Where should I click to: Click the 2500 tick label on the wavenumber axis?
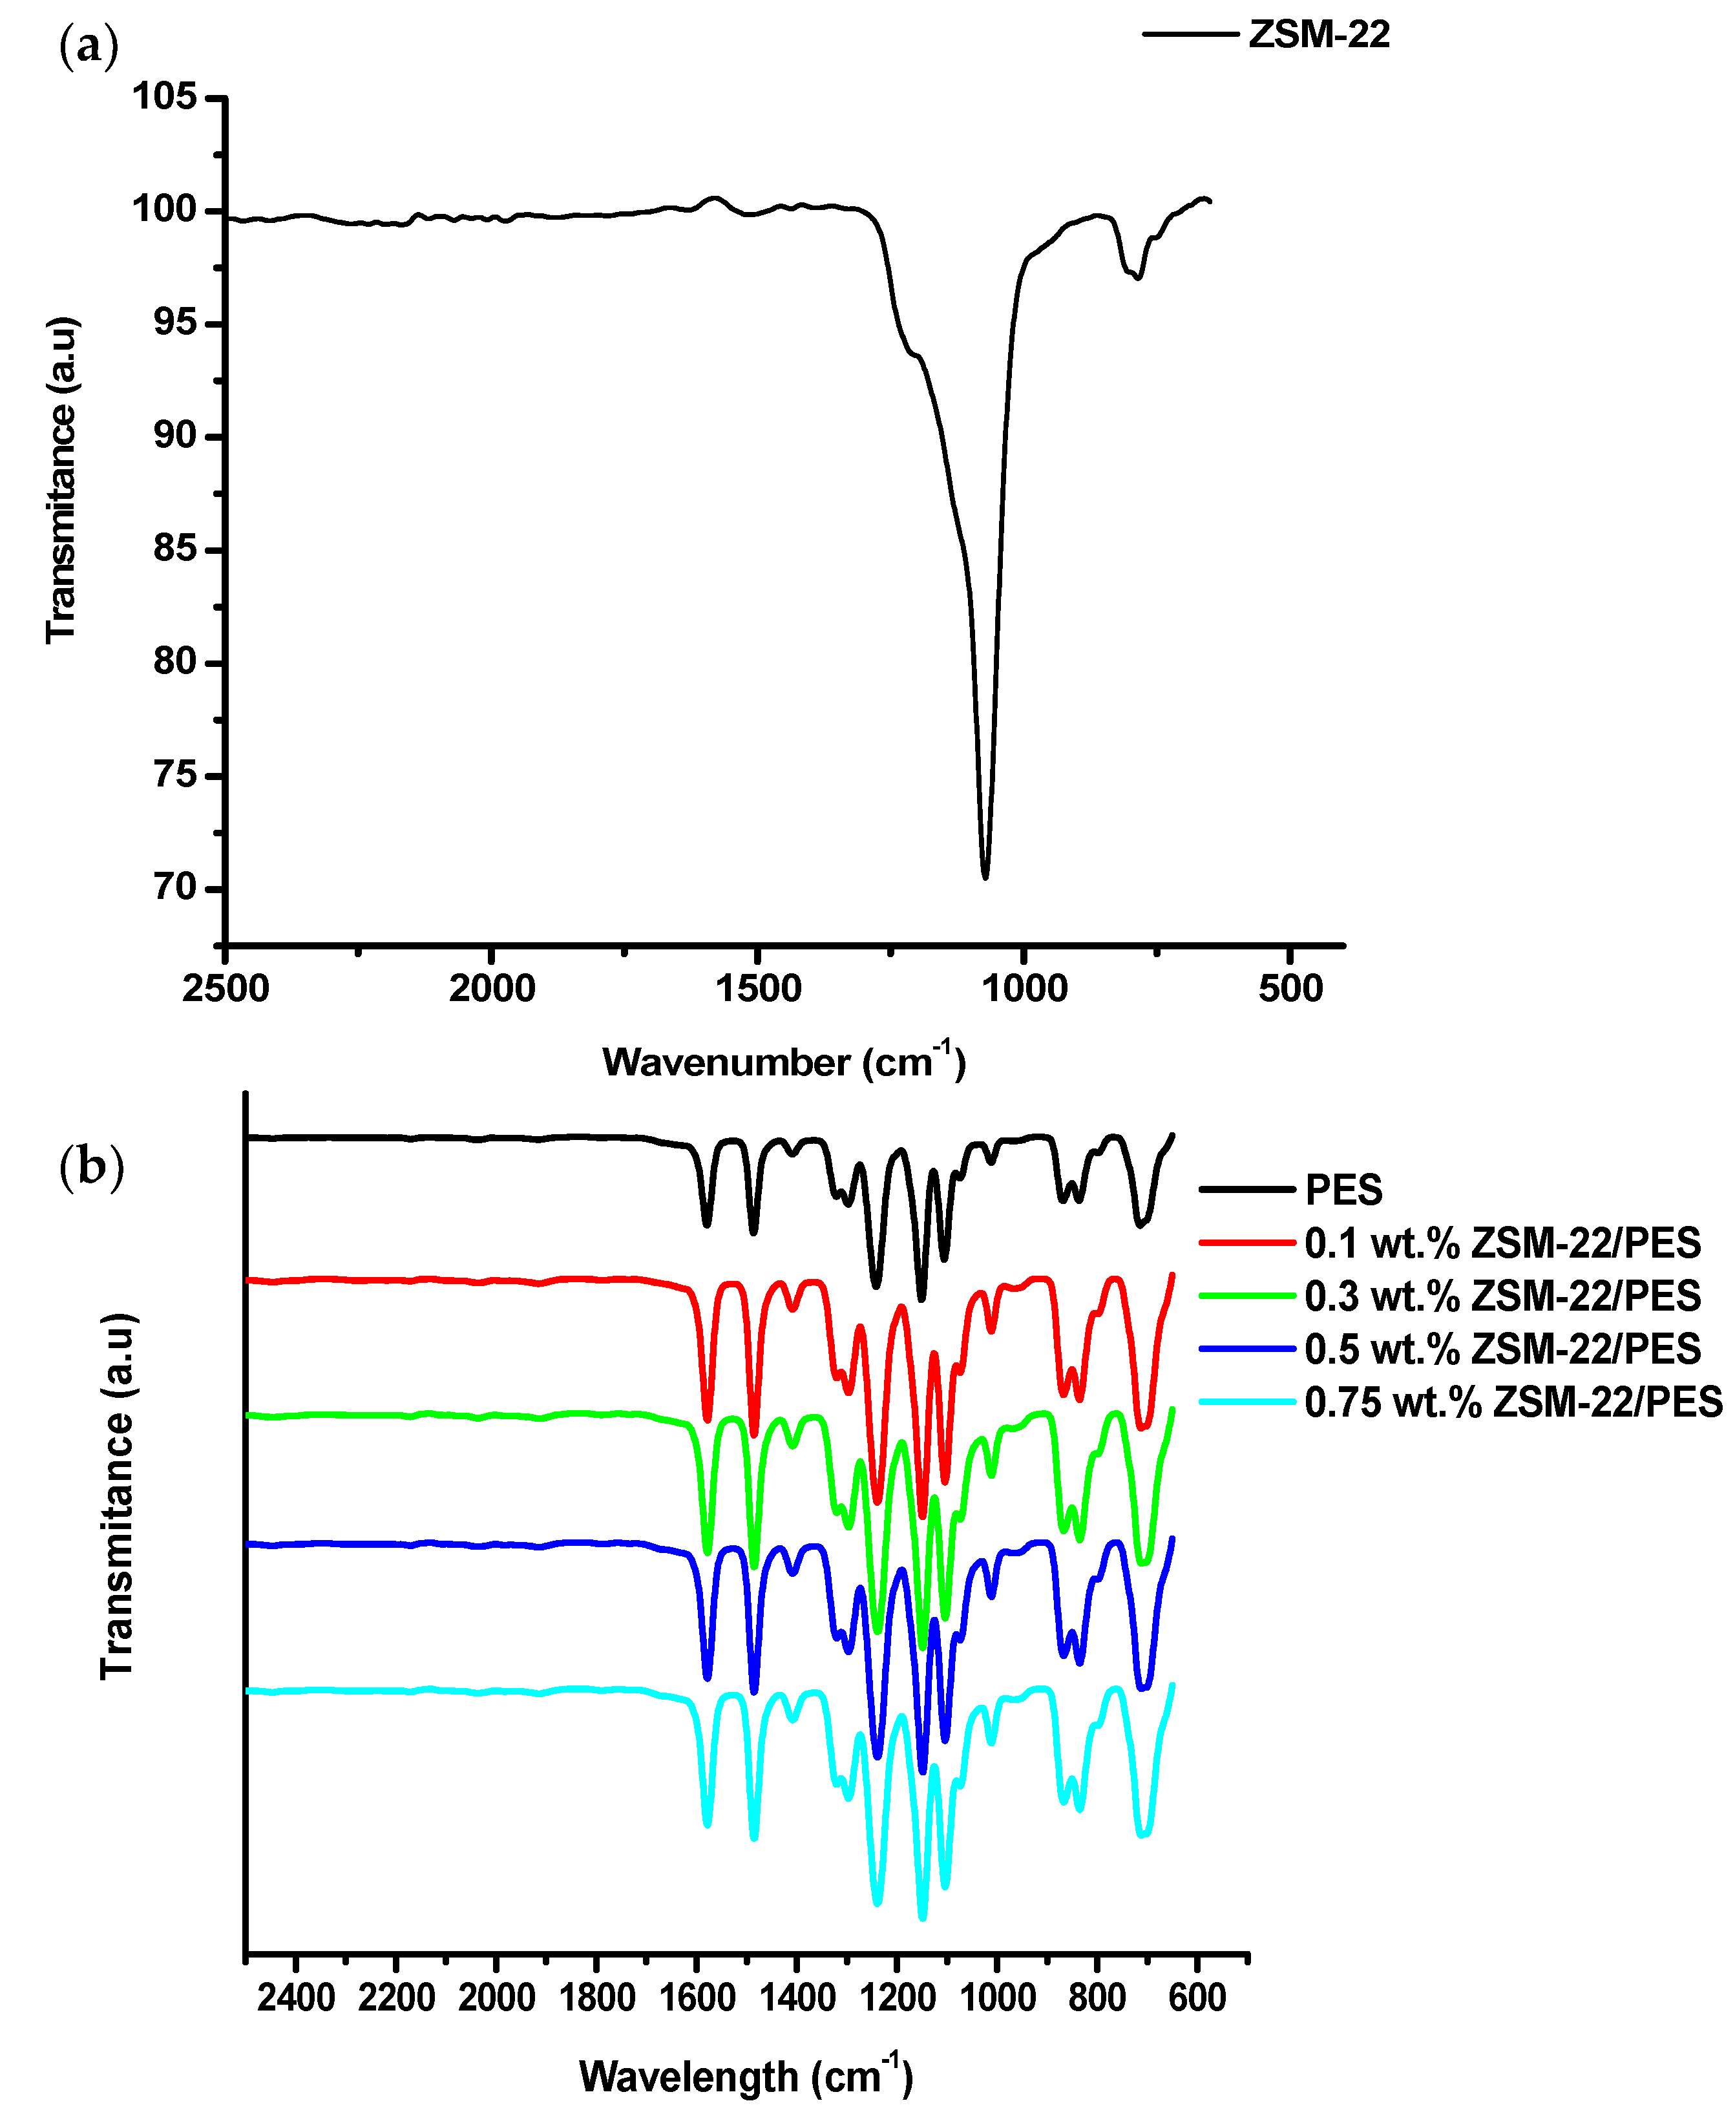tap(226, 989)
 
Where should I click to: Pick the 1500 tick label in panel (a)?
tap(757, 989)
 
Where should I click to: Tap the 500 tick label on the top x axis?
tap(1290, 989)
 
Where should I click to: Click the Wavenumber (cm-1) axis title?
tap(784, 1062)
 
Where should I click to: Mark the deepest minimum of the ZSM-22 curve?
tap(985, 876)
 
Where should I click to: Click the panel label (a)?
tap(89, 46)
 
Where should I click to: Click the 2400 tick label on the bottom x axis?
tap(296, 1997)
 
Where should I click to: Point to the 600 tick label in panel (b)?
tap(1196, 1997)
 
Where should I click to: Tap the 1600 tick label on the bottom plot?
tap(697, 1997)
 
